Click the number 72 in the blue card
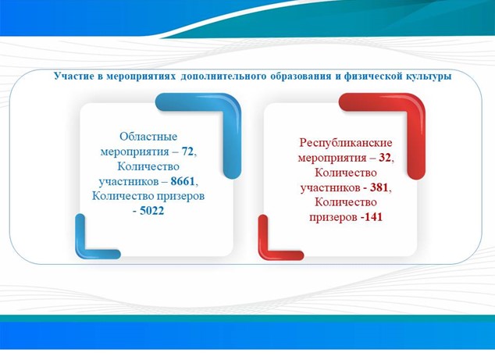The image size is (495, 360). (187, 151)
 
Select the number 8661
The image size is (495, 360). (183, 181)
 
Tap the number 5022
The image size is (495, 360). (151, 211)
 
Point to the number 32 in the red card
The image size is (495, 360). (385, 157)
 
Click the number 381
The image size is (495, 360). (379, 187)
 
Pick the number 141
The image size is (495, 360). (373, 217)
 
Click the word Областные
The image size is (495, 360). (148, 137)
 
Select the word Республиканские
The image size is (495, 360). (346, 143)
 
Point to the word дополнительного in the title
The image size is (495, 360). (223, 77)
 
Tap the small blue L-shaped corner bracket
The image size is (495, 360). (81, 251)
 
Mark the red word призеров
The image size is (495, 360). (333, 218)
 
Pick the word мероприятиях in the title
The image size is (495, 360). (141, 77)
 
